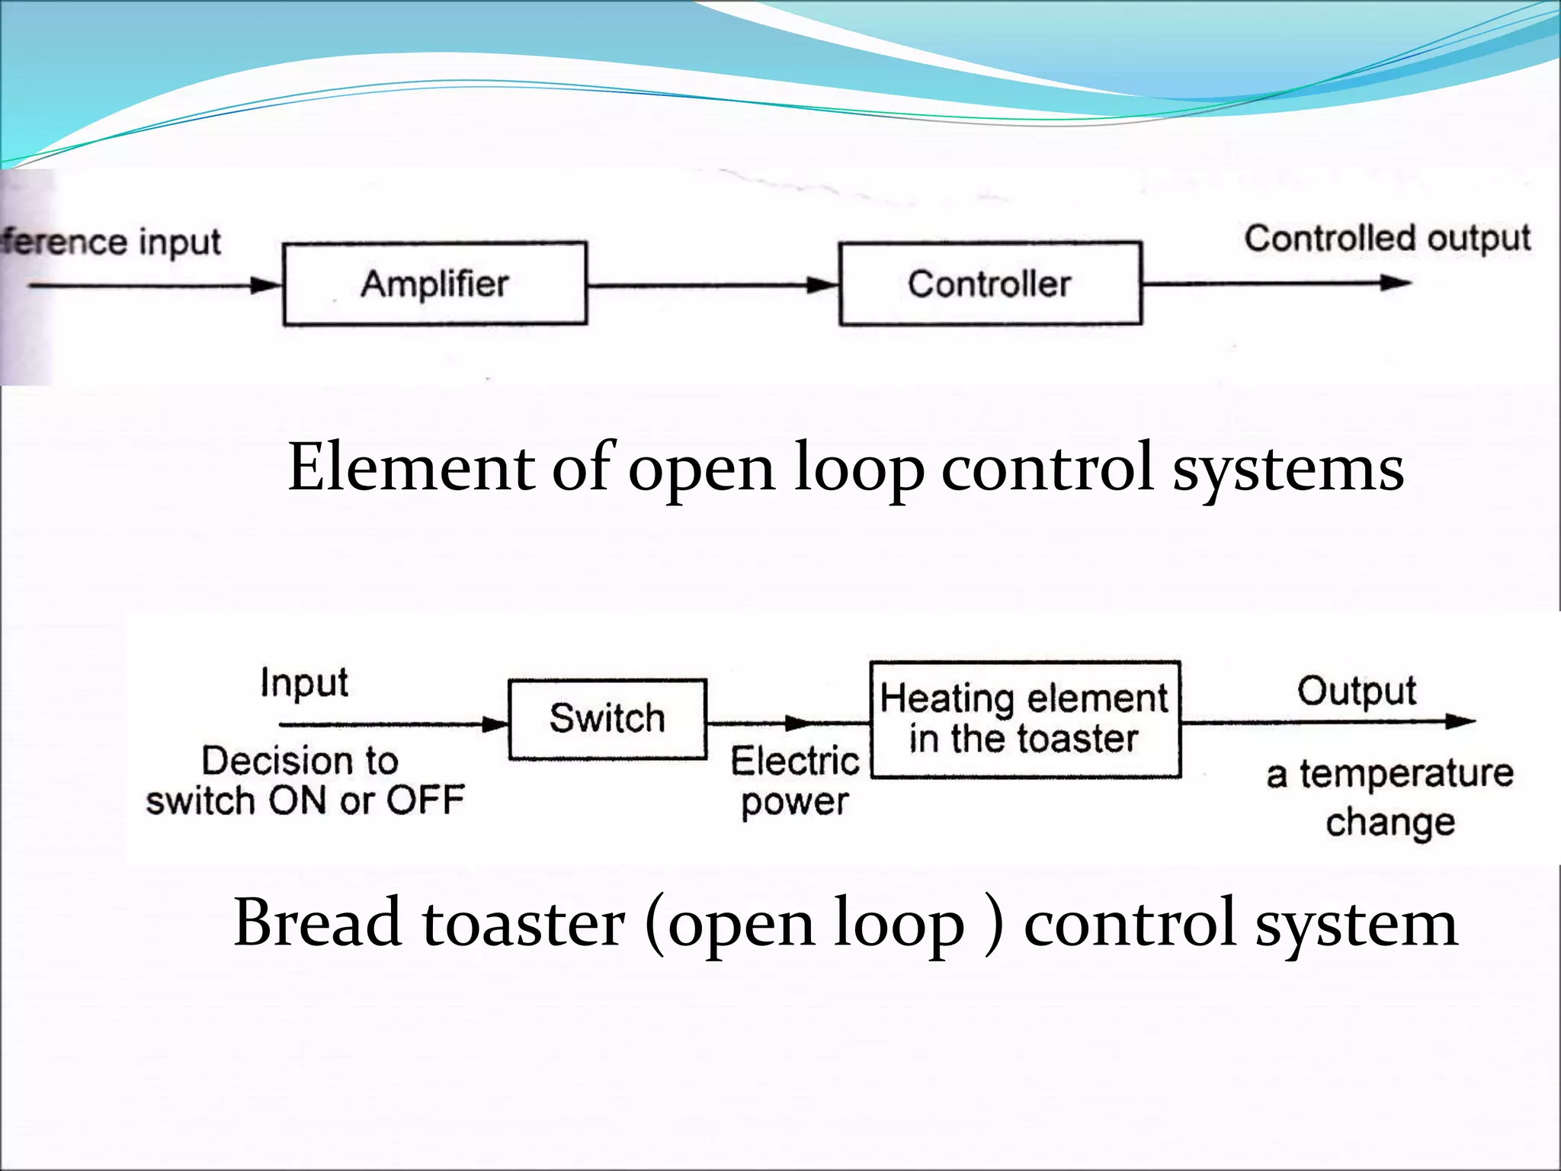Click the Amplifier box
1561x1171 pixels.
(x=434, y=284)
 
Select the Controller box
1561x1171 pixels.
(x=989, y=284)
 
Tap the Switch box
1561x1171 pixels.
(x=607, y=719)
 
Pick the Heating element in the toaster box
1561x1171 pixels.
(x=1025, y=719)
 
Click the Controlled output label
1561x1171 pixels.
(x=1387, y=239)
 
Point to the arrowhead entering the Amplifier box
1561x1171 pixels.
(x=267, y=286)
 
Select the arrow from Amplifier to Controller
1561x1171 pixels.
(x=713, y=286)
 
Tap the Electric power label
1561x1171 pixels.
(x=795, y=781)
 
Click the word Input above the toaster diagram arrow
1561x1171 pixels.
(x=304, y=683)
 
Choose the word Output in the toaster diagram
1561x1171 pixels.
(x=1357, y=691)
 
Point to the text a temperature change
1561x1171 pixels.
(x=1390, y=797)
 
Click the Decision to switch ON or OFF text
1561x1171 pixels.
(x=305, y=781)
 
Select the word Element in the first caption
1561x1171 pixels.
(x=411, y=467)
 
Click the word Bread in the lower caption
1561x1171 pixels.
(x=317, y=923)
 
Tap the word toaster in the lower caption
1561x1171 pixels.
(x=524, y=923)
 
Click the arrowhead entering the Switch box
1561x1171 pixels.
(x=495, y=724)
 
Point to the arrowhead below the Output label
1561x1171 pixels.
(x=1460, y=721)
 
